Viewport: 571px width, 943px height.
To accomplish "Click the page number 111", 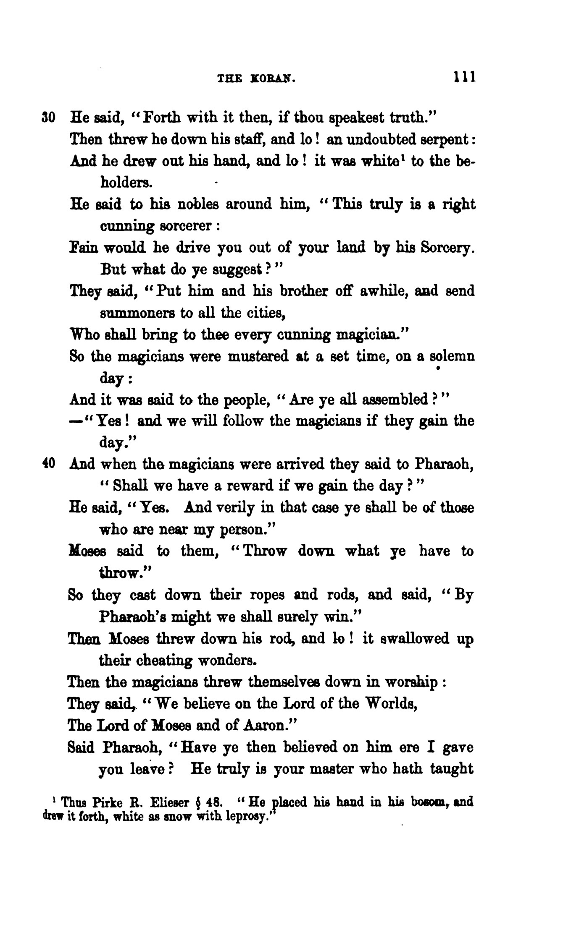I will (x=464, y=78).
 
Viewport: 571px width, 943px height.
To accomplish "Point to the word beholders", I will (x=124, y=183).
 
